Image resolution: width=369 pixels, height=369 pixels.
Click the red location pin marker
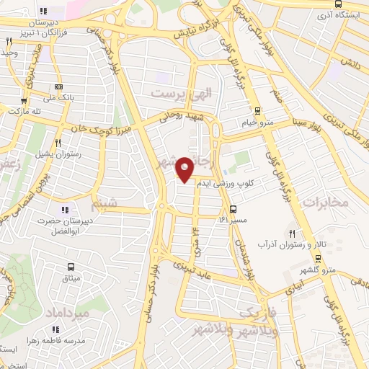(x=185, y=169)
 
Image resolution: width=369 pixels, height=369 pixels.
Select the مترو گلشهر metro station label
(x=318, y=270)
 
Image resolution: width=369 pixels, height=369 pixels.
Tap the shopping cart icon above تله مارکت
(x=24, y=101)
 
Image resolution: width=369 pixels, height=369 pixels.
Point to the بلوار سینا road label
(x=306, y=125)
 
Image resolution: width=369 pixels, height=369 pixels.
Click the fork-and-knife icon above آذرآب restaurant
(x=293, y=234)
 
